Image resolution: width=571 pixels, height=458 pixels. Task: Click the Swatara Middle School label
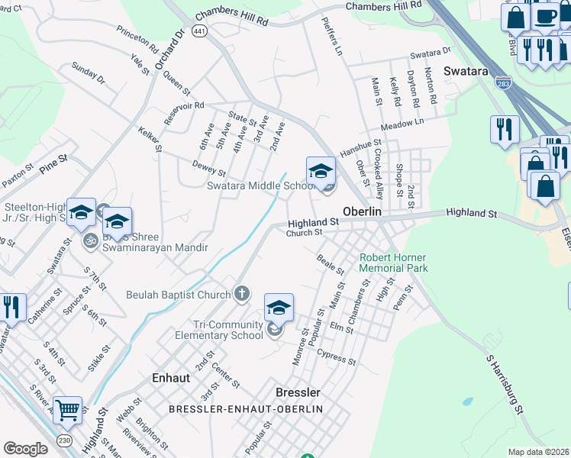pos(261,185)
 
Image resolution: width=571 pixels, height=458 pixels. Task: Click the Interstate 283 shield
pos(503,82)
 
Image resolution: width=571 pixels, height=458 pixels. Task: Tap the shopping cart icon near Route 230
pos(67,411)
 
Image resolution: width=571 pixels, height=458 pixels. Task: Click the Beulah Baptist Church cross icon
pos(242,294)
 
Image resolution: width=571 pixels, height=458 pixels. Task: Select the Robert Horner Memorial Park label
pos(394,263)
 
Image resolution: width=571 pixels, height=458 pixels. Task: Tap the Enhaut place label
pos(176,377)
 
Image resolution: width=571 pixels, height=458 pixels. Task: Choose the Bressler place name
pos(298,392)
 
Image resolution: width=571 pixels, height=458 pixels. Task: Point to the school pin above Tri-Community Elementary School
pos(279,308)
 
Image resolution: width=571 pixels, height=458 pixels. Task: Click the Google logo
pos(26,449)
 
